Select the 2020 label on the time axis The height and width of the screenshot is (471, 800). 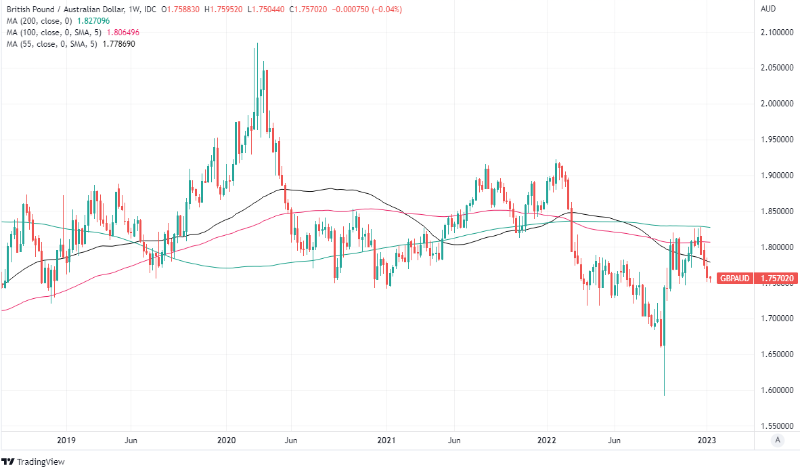[x=225, y=440]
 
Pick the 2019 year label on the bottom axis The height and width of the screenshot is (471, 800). [x=66, y=440]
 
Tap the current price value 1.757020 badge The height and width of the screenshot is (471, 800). [x=776, y=278]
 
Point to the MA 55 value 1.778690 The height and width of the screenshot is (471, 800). [x=124, y=44]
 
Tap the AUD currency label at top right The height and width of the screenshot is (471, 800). [x=768, y=9]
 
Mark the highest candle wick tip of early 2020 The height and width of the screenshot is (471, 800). [x=257, y=43]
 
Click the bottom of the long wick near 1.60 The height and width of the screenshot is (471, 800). [x=664, y=396]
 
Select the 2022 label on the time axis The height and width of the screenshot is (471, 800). [x=547, y=440]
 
